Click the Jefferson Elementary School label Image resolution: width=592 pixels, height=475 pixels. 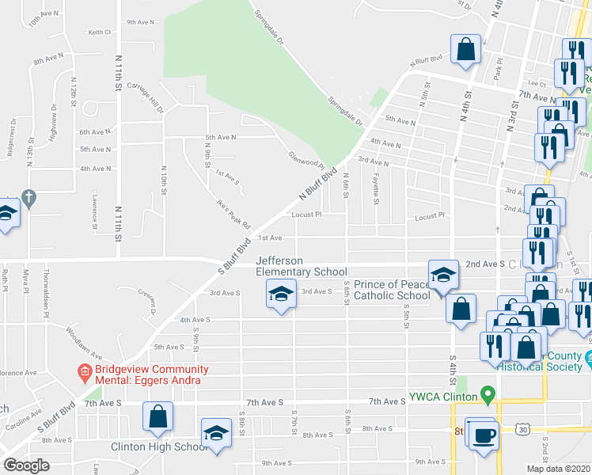[x=301, y=266]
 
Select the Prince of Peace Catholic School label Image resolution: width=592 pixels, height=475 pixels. [x=392, y=290]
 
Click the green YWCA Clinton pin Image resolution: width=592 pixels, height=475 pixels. [x=488, y=393]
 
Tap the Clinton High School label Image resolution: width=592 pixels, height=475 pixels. [x=159, y=446]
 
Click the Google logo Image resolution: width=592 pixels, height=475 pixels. [x=26, y=465]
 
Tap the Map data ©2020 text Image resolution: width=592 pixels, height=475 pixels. [x=558, y=469]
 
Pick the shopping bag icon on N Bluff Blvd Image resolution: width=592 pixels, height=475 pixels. [x=466, y=49]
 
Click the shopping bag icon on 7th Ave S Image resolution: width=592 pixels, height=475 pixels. [x=158, y=416]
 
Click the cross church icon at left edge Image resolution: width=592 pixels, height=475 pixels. [x=28, y=198]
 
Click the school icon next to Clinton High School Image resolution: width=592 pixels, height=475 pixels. [x=214, y=433]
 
